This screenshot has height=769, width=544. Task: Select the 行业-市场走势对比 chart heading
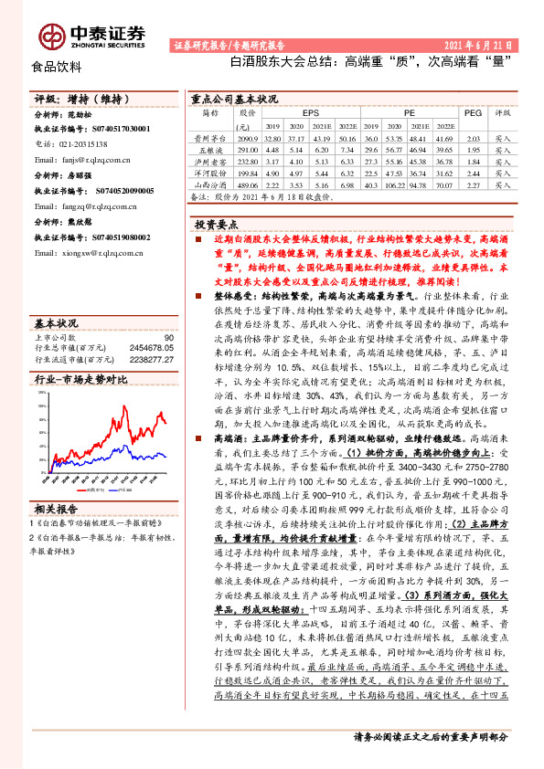(x=81, y=379)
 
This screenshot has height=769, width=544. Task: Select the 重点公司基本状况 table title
(x=233, y=98)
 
